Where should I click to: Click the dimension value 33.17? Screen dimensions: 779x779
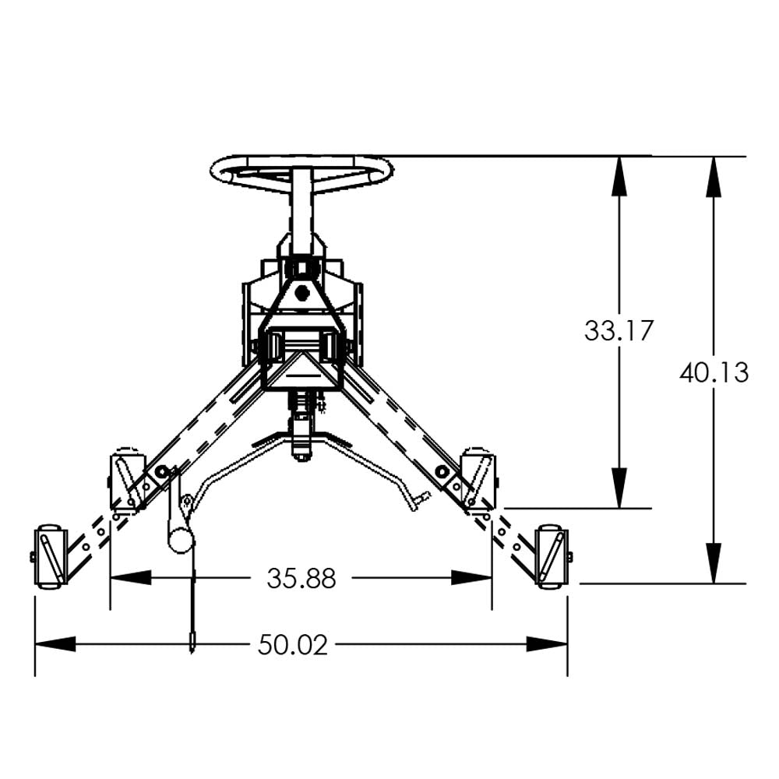619,330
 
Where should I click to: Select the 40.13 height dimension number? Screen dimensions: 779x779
714,372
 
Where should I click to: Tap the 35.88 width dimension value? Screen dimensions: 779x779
301,578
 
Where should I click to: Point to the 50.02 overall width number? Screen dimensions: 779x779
293,644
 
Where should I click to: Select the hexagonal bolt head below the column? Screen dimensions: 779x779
302,293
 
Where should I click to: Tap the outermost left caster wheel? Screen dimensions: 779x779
49,555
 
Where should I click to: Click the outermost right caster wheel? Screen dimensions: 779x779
552,555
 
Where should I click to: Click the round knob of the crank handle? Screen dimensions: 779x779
180,540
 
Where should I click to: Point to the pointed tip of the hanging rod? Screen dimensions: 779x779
192,646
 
